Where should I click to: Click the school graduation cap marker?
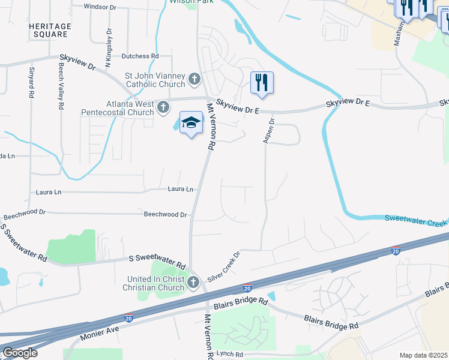pos(191,123)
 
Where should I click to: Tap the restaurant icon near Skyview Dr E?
pos(262,82)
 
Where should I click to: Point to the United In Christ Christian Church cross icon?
pos(193,283)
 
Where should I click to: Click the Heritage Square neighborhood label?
pos(50,31)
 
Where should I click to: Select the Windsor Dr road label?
pos(100,7)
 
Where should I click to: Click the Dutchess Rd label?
pos(140,56)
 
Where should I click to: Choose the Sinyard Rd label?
pos(31,83)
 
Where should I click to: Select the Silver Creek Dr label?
pos(223,266)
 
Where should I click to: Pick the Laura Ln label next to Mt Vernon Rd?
pos(181,189)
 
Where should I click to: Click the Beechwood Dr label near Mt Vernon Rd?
pos(165,214)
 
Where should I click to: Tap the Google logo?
pos(20,353)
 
